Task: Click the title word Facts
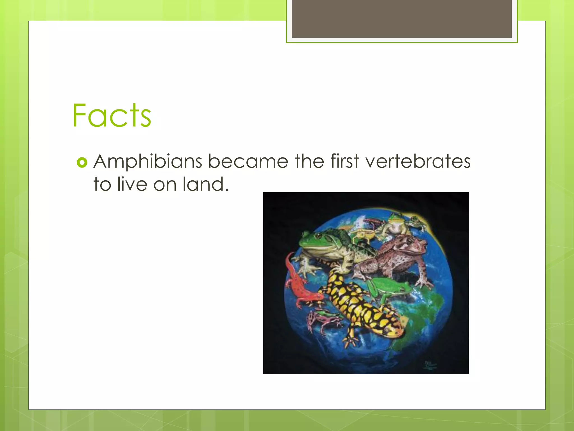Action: click(x=112, y=115)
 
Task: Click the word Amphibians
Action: click(x=148, y=162)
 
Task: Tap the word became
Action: click(x=248, y=162)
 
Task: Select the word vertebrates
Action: click(x=418, y=162)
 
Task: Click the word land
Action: click(x=205, y=184)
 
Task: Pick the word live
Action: click(x=132, y=184)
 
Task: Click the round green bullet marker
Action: click(x=82, y=162)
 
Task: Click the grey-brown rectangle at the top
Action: click(x=402, y=19)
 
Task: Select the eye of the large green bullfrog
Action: click(x=319, y=237)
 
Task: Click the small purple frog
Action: click(x=322, y=320)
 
